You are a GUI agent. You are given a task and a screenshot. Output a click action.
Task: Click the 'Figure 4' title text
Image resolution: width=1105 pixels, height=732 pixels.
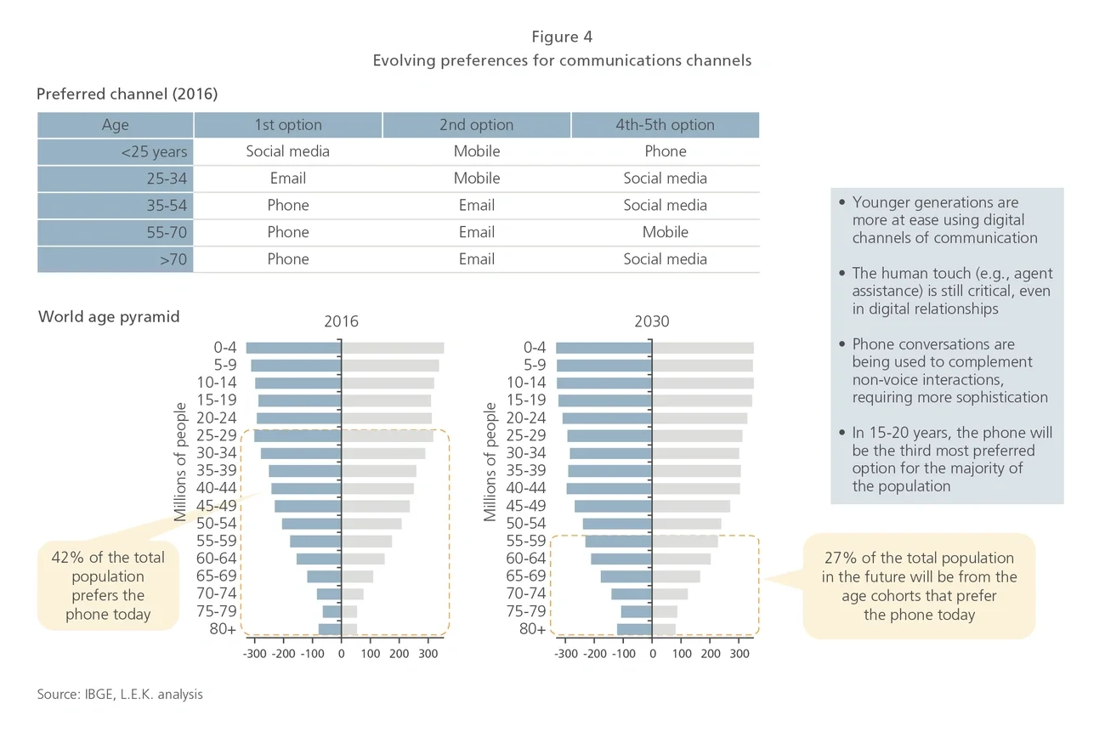pyautogui.click(x=562, y=37)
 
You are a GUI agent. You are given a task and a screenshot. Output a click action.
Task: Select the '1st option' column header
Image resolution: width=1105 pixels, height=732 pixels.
pyautogui.click(x=288, y=125)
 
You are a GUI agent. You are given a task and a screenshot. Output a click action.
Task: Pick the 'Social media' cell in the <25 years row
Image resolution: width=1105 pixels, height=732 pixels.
pyautogui.click(x=288, y=151)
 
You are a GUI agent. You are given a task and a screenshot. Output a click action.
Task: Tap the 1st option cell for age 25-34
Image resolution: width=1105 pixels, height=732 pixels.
pyautogui.click(x=288, y=179)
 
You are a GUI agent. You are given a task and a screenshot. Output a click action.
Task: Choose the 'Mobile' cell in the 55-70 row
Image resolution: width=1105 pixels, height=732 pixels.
pyautogui.click(x=665, y=232)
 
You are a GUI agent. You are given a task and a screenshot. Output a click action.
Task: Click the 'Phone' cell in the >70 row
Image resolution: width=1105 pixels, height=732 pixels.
pyautogui.click(x=288, y=259)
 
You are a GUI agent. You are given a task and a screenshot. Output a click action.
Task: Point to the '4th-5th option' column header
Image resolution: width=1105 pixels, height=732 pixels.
pyautogui.click(x=665, y=125)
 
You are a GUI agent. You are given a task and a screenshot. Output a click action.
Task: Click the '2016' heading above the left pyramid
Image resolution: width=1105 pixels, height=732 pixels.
pyautogui.click(x=341, y=321)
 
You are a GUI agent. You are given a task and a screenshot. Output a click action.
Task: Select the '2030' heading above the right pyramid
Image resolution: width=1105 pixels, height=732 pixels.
pyautogui.click(x=651, y=321)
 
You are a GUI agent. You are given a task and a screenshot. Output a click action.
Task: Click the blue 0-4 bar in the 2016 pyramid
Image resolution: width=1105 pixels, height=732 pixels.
pyautogui.click(x=293, y=348)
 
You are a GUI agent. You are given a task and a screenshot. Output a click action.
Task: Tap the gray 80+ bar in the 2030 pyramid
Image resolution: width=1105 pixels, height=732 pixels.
pyautogui.click(x=664, y=629)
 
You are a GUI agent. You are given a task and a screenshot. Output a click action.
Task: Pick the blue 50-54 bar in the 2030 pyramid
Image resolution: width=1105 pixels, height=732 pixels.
pyautogui.click(x=617, y=524)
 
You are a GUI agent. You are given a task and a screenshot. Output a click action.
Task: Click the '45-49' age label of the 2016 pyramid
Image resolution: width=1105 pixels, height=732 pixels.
pyautogui.click(x=217, y=506)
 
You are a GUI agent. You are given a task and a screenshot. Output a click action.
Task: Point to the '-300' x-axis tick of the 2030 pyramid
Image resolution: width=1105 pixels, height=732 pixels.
pyautogui.click(x=565, y=655)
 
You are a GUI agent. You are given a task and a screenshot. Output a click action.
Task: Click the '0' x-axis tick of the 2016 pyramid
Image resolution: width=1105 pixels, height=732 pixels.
pyautogui.click(x=342, y=655)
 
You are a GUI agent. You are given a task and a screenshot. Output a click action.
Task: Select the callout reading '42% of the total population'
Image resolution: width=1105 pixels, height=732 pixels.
pyautogui.click(x=108, y=586)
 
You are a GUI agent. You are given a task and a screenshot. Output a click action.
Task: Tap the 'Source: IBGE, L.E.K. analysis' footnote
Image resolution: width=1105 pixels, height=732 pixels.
pyautogui.click(x=120, y=695)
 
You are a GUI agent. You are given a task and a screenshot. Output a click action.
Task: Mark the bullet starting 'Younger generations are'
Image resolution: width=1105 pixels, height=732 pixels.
pyautogui.click(x=943, y=220)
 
